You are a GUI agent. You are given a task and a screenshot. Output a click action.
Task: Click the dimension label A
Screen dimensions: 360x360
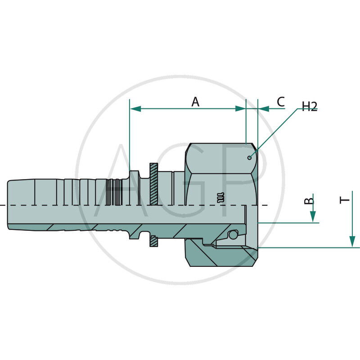click(x=195, y=102)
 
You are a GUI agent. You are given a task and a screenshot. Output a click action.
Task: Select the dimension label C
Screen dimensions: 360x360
click(x=280, y=102)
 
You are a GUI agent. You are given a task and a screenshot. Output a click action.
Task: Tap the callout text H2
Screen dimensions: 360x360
click(x=310, y=106)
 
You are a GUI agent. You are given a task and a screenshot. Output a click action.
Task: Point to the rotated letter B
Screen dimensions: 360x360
click(x=309, y=201)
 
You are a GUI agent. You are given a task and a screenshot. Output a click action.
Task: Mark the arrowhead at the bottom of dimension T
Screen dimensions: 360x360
click(x=352, y=242)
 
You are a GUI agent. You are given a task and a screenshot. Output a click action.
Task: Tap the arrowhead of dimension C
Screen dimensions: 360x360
click(x=263, y=109)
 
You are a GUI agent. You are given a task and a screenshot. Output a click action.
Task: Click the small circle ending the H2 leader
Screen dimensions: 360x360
click(x=250, y=157)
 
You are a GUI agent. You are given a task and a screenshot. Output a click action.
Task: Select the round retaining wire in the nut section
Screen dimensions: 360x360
click(x=232, y=235)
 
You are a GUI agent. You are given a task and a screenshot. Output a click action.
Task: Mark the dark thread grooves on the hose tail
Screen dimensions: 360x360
click(x=115, y=193)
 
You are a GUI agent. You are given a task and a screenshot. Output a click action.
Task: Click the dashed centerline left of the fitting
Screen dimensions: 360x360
click(x=4, y=205)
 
